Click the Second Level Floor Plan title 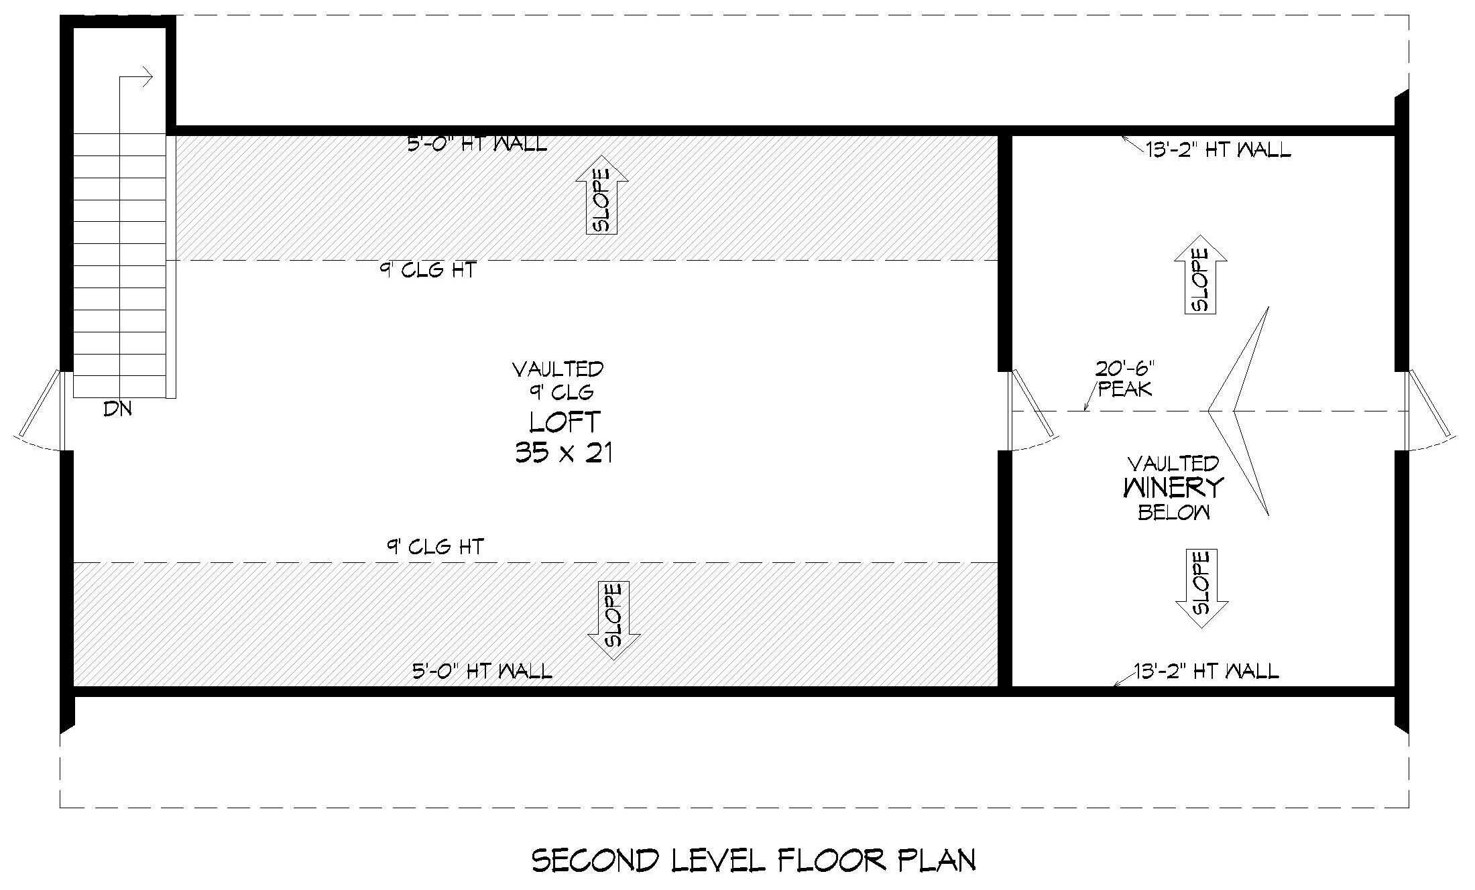tap(754, 861)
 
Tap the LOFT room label tap(565, 422)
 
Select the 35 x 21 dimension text tap(564, 454)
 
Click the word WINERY tap(1173, 488)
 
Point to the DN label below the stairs tap(117, 409)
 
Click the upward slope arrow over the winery tap(1200, 275)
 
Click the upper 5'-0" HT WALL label tap(477, 144)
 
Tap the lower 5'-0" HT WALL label tap(482, 671)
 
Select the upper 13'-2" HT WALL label tap(1218, 150)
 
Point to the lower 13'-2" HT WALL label tap(1206, 671)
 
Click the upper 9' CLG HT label tap(428, 270)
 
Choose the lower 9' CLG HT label tap(434, 547)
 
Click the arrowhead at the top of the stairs tap(146, 76)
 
